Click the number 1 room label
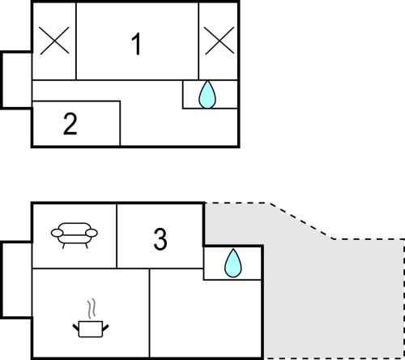tap(137, 44)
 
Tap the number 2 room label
tap(70, 123)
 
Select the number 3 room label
tap(160, 239)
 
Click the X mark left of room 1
tap(54, 41)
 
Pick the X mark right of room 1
tap(219, 41)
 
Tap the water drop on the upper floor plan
tap(207, 94)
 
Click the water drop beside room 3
tap(233, 263)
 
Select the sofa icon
tap(75, 235)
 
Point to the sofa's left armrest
tap(57, 233)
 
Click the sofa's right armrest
tap(92, 233)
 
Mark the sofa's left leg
tap(64, 246)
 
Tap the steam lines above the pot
tap(92, 308)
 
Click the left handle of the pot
tap(76, 328)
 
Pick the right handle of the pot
tap(105, 328)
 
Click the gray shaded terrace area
tap(332, 298)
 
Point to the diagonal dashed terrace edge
tap(301, 221)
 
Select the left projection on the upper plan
tap(16, 80)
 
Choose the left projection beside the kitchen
tap(16, 280)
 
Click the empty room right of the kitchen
tap(205, 314)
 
